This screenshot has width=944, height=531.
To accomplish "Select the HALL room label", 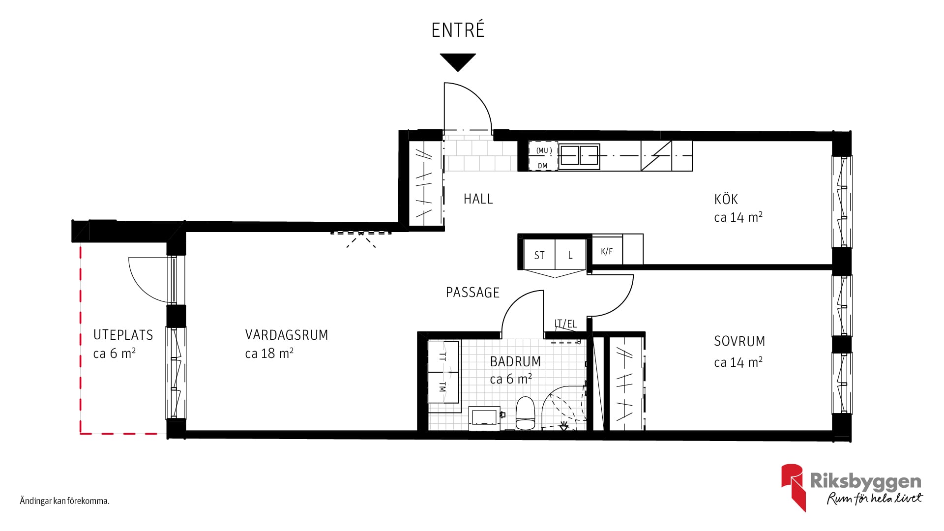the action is pyautogui.click(x=478, y=199).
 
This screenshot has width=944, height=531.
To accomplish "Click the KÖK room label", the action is pyautogui.click(x=726, y=199).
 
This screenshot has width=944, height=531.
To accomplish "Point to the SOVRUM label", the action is pyautogui.click(x=739, y=341).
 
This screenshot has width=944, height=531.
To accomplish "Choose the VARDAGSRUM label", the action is pyautogui.click(x=287, y=335).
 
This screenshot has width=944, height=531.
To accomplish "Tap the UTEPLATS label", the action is pyautogui.click(x=123, y=335).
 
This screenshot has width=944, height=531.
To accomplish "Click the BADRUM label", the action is pyautogui.click(x=515, y=361).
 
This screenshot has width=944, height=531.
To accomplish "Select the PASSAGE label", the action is pyautogui.click(x=472, y=293).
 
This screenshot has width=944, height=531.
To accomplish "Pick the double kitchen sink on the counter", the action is pyautogui.click(x=579, y=156).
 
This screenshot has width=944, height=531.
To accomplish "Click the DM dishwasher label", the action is pyautogui.click(x=542, y=166).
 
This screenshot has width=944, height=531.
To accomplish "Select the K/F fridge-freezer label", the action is pyautogui.click(x=607, y=251).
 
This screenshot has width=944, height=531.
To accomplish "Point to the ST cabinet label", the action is pyautogui.click(x=539, y=256).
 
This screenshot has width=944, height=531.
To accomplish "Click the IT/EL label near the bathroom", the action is pyautogui.click(x=565, y=324).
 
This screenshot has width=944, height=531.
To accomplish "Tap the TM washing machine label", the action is pyautogui.click(x=442, y=387).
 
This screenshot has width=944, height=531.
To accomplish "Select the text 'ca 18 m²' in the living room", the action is pyautogui.click(x=269, y=354).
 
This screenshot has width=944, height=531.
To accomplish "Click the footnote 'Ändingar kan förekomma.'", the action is pyautogui.click(x=64, y=501).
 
